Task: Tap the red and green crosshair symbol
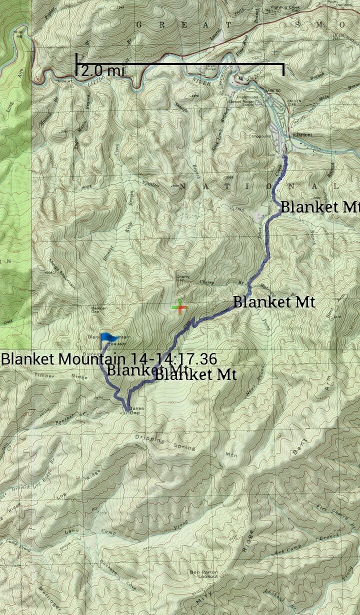[x=179, y=307]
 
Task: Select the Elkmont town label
[x=302, y=134]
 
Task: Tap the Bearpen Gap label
[x=99, y=311]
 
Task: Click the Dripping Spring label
[x=165, y=443]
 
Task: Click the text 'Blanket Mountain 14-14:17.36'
[x=108, y=358]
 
